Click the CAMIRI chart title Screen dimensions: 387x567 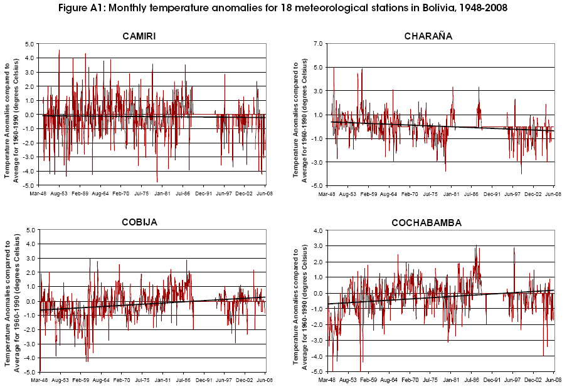(x=139, y=36)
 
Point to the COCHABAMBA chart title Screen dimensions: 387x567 (x=428, y=222)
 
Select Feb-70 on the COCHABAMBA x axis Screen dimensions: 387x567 (x=410, y=381)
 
